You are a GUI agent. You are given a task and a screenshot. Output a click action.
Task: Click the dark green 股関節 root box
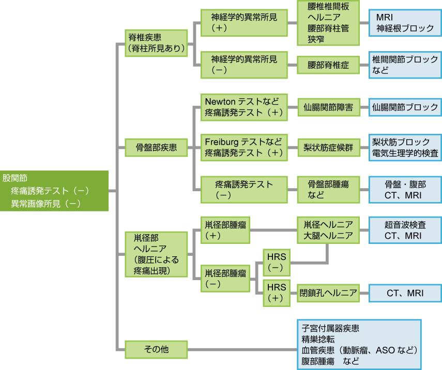coord(54,191)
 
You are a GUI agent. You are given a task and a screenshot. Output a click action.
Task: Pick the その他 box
coord(156,349)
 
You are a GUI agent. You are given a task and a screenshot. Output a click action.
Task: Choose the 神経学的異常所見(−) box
coord(244,65)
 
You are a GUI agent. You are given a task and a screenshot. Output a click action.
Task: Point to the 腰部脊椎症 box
coord(328,65)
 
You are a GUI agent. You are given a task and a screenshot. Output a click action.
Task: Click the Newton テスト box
coord(244,106)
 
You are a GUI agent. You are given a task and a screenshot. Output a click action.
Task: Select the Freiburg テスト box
coord(244,147)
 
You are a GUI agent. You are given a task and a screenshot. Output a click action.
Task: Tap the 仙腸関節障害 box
coord(328,107)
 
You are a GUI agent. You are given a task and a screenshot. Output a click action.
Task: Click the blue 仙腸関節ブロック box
coord(405,107)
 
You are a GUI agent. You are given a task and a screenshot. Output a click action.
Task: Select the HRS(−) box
coord(276,263)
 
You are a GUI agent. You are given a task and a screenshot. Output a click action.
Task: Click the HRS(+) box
coord(276,293)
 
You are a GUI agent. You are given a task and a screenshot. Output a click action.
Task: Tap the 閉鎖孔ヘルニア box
coord(328,293)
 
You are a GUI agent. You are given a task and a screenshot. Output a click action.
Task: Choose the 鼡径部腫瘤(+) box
coord(225,229)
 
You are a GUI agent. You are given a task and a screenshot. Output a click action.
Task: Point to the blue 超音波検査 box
coord(405,230)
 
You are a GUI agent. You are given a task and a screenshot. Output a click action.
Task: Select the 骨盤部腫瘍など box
coord(328,190)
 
